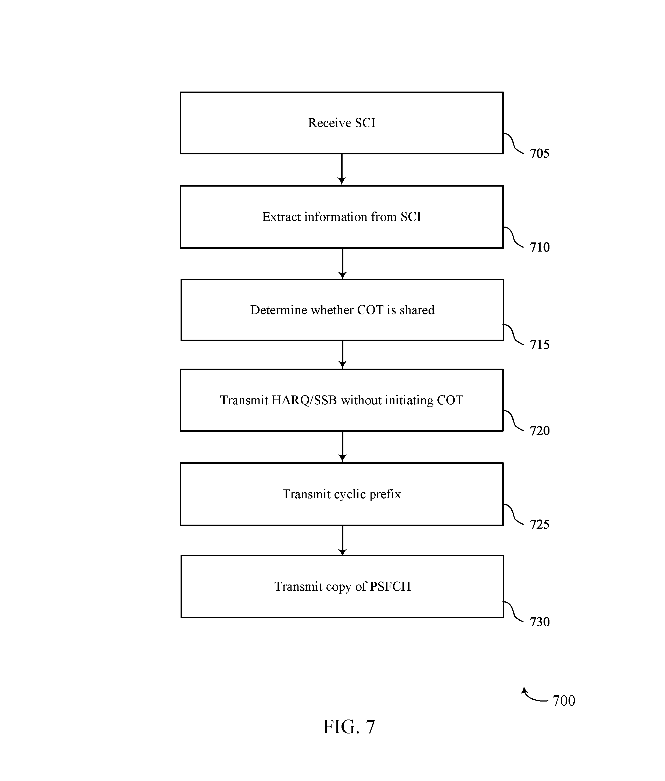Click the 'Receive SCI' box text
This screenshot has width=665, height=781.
(342, 123)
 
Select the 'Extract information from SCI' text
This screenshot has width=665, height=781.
(342, 217)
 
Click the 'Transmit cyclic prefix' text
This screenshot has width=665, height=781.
(342, 494)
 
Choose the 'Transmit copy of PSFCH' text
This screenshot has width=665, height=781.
(342, 587)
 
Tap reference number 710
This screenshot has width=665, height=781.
(540, 247)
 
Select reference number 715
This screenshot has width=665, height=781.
(540, 344)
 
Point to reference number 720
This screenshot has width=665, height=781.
(540, 431)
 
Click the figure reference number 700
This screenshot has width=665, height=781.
(564, 701)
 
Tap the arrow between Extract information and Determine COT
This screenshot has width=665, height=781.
(342, 264)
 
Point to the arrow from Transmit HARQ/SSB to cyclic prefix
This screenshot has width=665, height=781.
(342, 447)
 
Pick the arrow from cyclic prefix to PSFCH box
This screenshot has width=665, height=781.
(342, 540)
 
